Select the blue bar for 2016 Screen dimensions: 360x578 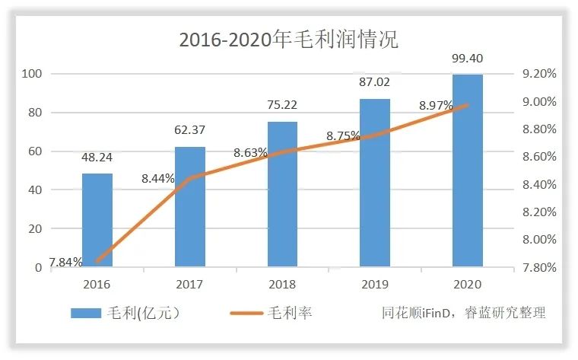97,220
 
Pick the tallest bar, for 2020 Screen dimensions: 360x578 467,170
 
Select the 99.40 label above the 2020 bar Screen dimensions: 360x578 467,58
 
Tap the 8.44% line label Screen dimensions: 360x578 158,179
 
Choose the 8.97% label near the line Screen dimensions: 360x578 437,105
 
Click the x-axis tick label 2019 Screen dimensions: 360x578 374,284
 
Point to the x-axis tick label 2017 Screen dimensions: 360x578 189,284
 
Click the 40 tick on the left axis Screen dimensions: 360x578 35,190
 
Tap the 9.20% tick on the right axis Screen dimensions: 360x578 538,74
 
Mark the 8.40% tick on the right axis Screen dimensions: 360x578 538,184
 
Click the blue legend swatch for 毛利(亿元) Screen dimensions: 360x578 91,313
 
